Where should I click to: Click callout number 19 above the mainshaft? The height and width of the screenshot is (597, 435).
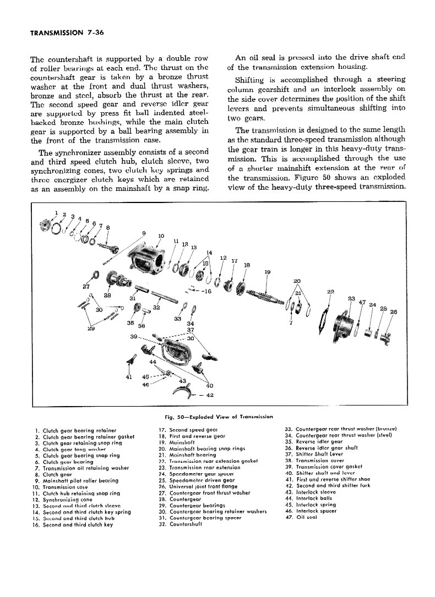pyautogui.click(x=268, y=272)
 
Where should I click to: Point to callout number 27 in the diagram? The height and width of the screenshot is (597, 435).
pyautogui.click(x=85, y=287)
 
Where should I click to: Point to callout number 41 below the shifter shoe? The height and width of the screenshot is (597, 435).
pyautogui.click(x=129, y=378)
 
